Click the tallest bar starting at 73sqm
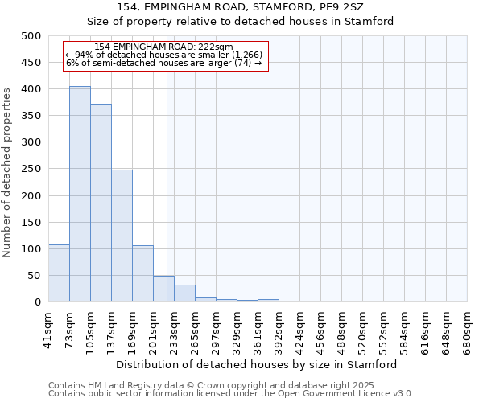(80, 194)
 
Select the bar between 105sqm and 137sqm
(101, 203)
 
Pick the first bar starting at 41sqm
(59, 273)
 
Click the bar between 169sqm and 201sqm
(142, 273)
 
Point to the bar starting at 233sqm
(184, 293)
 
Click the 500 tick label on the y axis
(31, 36)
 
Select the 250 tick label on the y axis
(31, 169)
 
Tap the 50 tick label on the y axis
(35, 276)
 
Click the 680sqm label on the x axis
(467, 328)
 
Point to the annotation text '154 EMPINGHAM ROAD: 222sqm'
(163, 47)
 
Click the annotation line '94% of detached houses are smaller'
(163, 55)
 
